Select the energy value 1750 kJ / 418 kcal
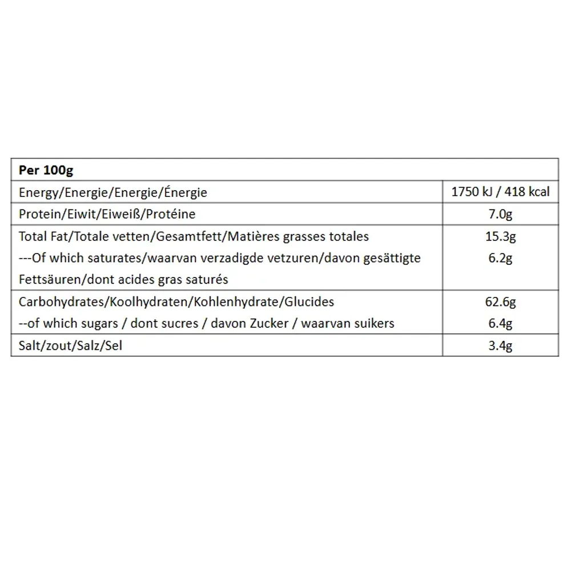(500, 192)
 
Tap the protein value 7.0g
(500, 214)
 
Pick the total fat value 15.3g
(500, 236)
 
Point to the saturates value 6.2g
(500, 258)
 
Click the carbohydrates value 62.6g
(500, 301)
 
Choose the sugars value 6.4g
(500, 324)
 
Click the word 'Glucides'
(309, 301)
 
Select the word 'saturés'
(208, 280)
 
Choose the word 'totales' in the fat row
(349, 236)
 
